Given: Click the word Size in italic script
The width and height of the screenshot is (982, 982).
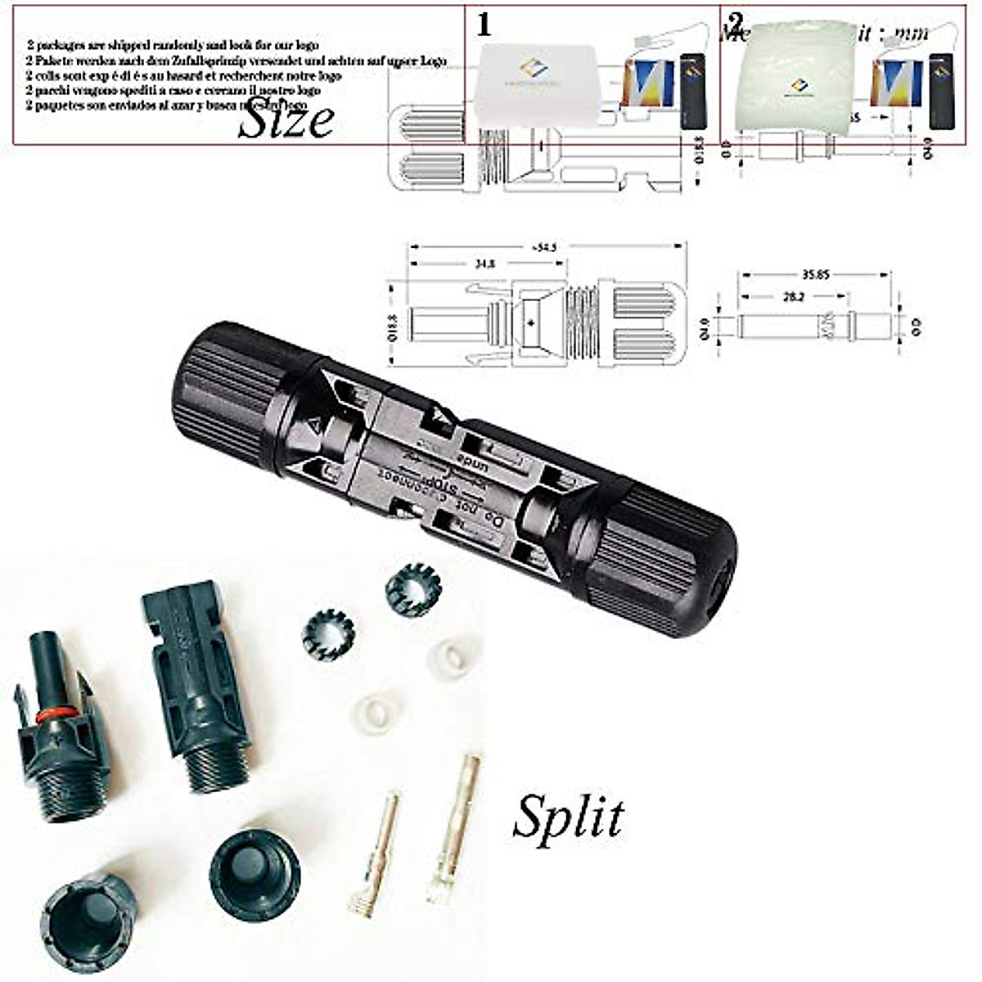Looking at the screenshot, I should point(286,121).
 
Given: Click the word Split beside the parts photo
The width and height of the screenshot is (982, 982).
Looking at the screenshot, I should point(568,816).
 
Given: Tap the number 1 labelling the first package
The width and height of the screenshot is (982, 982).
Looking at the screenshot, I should point(484,25).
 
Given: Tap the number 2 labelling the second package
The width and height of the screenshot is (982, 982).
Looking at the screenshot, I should point(736,23).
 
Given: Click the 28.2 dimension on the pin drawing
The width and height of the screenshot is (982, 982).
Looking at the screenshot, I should point(793,298).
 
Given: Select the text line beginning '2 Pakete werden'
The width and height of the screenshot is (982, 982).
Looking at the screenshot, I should point(236,61).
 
